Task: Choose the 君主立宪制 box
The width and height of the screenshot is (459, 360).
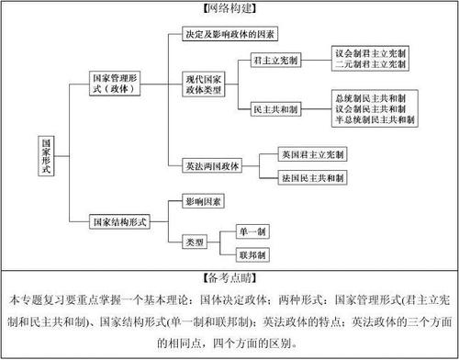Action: tap(276, 61)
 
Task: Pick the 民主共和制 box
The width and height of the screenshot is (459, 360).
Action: tap(276, 108)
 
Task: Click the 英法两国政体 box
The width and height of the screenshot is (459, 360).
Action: tap(207, 166)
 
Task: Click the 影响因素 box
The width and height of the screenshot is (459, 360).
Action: tap(201, 199)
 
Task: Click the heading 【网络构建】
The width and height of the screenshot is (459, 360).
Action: tap(229, 7)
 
